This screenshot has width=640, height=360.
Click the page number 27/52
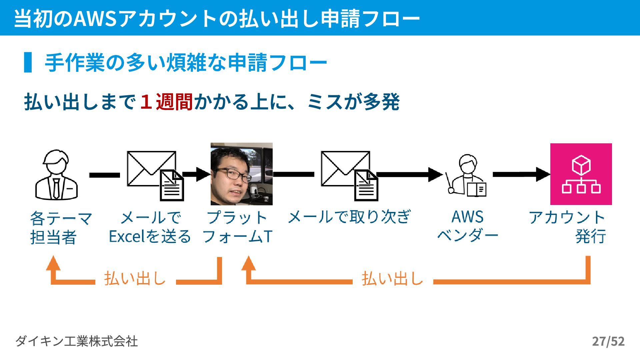pos(608,341)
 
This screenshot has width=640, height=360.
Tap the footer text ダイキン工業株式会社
pos(76,341)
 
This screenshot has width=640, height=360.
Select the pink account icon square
pos(581,174)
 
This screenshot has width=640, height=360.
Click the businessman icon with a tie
pos(56,175)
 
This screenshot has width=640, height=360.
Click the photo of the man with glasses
pos(241,174)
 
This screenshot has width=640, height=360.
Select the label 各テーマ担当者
pos(60,228)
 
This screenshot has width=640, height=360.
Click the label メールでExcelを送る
pos(150,227)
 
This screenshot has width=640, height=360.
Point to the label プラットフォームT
pos(237,227)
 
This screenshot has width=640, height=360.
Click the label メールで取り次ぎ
pos(349,217)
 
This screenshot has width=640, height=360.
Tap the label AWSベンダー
pos(467,226)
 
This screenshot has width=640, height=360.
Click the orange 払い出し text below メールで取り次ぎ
pos(392,279)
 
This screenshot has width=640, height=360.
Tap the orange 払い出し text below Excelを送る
pos(135,279)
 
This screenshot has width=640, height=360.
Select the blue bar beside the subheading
pos(28,62)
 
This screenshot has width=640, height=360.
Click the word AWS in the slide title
pos(95,18)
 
